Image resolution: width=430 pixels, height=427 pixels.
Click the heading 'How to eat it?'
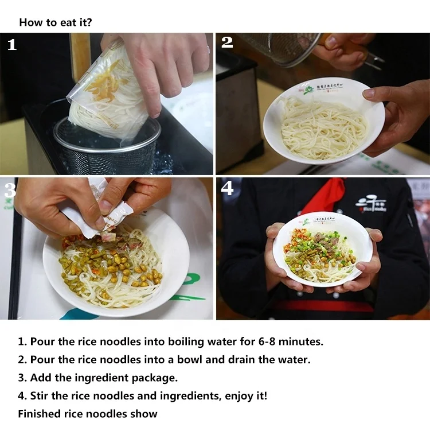point(56,22)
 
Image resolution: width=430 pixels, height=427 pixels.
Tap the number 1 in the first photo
point(12,45)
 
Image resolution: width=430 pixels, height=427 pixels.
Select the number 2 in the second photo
point(227,42)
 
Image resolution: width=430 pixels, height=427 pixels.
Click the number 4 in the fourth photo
point(228,188)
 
